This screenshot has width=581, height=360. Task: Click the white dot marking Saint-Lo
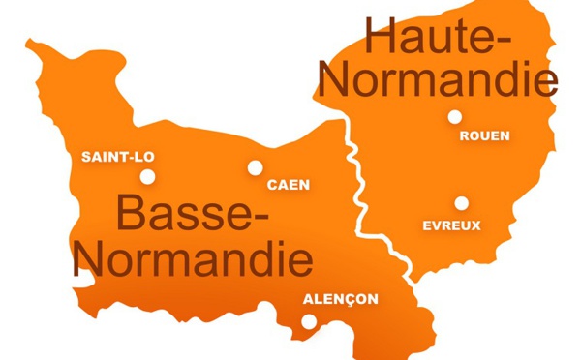pos(148,176)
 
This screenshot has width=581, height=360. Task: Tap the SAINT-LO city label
pos(117,157)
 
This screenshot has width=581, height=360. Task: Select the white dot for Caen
pos(255,167)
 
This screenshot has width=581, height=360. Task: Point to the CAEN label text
pos(289,184)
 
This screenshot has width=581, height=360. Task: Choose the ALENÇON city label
pos(341,299)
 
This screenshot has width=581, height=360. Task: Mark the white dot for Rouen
pos(454,117)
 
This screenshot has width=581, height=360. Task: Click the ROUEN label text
pos(484,136)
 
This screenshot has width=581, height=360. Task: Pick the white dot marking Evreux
pos(461,203)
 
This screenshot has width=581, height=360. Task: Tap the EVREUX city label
pos(452,225)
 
